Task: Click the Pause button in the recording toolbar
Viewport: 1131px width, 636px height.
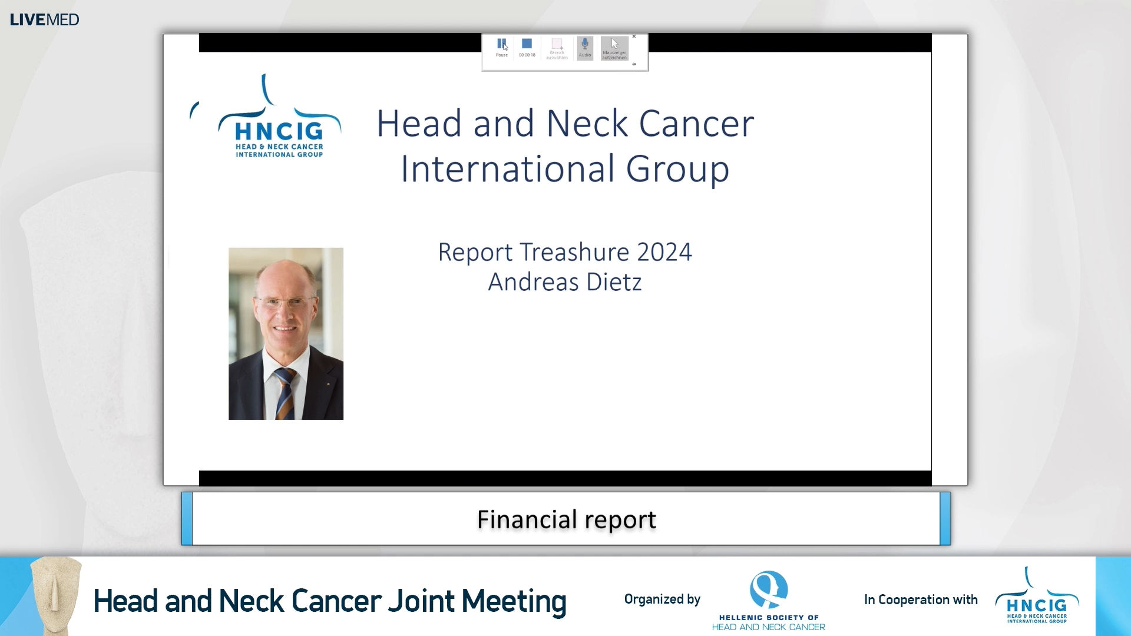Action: [501, 45]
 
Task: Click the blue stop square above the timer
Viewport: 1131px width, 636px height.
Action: [527, 44]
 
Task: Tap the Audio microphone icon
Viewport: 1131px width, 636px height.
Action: [585, 47]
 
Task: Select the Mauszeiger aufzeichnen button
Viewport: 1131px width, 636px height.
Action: [614, 48]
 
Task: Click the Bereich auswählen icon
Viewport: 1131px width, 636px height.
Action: [557, 47]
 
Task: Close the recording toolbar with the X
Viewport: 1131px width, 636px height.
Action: [634, 37]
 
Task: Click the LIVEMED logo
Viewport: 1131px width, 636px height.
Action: [45, 20]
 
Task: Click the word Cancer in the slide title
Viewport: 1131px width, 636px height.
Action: [696, 124]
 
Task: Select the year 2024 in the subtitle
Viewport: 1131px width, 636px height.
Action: [664, 252]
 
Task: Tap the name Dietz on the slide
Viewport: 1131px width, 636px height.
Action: [614, 282]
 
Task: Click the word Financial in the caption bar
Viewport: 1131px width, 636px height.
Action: [527, 519]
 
